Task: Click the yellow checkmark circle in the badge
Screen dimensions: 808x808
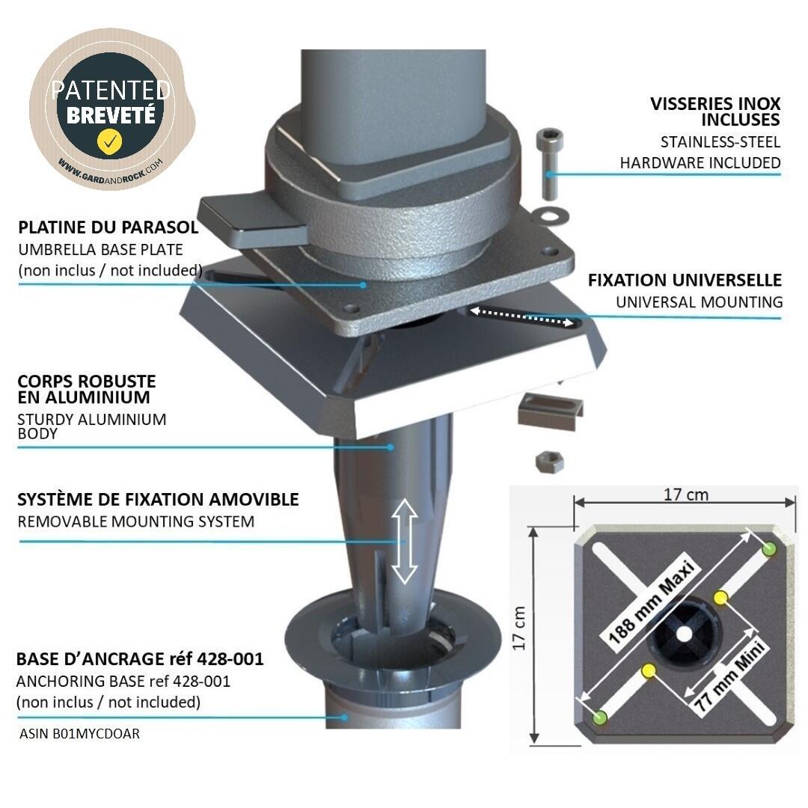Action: point(110,141)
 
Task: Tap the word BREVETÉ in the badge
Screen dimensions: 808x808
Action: point(111,115)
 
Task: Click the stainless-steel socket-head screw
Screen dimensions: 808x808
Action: point(549,164)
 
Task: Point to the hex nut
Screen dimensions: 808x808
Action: point(549,461)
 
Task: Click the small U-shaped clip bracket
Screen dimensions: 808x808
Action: point(550,411)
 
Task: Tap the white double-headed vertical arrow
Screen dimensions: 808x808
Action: point(405,541)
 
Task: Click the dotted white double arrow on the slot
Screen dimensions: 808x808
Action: point(521,317)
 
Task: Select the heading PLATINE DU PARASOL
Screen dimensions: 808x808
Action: point(108,227)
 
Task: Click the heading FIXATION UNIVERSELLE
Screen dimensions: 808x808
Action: point(685,280)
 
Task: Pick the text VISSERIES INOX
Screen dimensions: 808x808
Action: point(715,103)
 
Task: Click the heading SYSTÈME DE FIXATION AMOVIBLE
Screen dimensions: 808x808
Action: point(158,499)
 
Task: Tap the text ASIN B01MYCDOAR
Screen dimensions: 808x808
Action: point(79,733)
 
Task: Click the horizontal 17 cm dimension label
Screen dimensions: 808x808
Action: point(685,495)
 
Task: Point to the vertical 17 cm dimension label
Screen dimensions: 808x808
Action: point(519,628)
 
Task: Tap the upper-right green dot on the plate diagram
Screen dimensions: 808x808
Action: point(768,549)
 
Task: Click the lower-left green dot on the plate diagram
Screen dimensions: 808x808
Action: point(600,717)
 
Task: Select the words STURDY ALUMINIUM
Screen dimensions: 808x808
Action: point(92,420)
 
